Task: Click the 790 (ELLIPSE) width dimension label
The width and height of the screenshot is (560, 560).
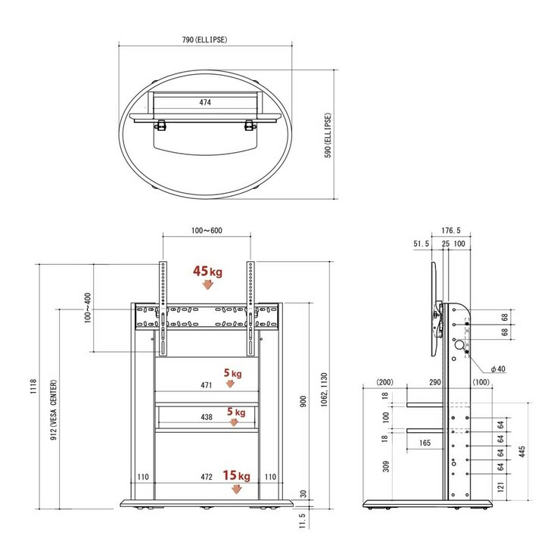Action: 204,39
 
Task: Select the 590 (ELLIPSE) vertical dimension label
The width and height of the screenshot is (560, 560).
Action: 328,135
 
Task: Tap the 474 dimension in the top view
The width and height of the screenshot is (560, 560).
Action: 205,102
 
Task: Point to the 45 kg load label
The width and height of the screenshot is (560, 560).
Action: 207,272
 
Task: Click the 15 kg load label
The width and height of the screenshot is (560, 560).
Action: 236,475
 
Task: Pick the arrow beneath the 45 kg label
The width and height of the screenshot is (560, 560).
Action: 207,285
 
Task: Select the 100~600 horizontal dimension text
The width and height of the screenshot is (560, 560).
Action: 207,231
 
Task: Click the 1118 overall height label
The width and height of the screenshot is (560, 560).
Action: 33,387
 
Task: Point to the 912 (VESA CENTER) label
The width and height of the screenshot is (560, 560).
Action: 54,410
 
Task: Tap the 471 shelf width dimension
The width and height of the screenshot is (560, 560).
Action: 207,385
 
